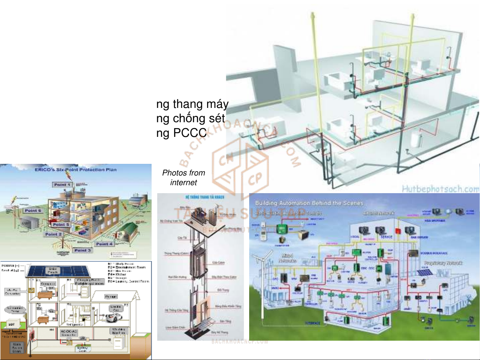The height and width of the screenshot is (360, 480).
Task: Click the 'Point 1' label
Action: coord(62,184)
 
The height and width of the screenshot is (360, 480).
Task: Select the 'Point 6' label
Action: coord(33,210)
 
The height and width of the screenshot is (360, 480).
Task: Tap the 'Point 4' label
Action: coord(104,244)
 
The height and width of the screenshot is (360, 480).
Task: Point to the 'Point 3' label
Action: coord(82,250)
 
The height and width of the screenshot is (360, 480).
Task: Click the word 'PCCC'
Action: coord(190,133)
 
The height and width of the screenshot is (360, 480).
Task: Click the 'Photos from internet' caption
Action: coord(184,178)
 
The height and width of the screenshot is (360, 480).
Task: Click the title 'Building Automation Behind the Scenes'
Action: coord(309,203)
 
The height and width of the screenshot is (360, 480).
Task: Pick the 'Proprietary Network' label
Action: coord(443,263)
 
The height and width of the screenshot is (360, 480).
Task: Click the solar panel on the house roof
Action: coord(58,271)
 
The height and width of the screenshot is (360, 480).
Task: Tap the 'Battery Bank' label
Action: coord(82,349)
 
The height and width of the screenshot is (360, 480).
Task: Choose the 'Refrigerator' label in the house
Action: coord(74,324)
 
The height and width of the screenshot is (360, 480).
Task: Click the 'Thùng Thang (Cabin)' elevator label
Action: coord(176,253)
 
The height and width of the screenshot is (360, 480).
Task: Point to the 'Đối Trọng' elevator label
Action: coord(223,290)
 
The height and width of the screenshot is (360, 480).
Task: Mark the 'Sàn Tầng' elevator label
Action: coord(225,321)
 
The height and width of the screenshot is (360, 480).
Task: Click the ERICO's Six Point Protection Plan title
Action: coord(76,170)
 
